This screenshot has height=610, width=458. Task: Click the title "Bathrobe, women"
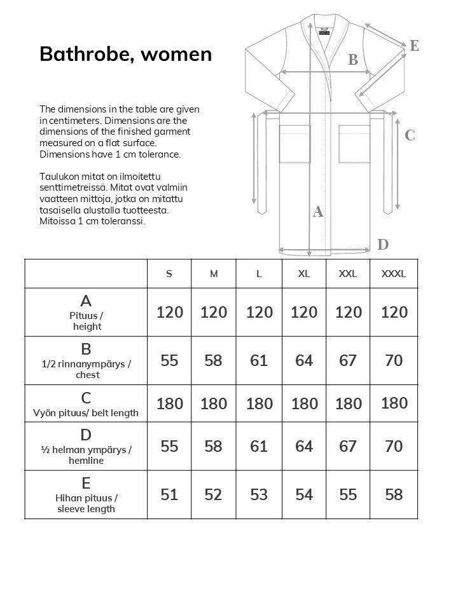point(125,54)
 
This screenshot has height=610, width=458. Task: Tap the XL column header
point(304,274)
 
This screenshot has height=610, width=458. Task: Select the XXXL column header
point(393,274)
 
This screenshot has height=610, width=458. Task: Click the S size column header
point(169,274)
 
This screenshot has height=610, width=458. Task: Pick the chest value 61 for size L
point(259,360)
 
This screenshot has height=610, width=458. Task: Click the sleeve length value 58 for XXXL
point(394,494)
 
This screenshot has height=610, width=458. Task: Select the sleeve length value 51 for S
point(169,494)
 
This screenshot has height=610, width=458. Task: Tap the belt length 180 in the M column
point(214,403)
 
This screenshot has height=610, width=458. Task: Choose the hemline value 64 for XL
point(304,446)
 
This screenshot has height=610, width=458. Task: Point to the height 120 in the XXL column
point(348,312)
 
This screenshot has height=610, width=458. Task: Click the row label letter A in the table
point(86,301)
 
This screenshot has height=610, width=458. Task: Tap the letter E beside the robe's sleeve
point(414,46)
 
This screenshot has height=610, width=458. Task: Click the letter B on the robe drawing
point(353,60)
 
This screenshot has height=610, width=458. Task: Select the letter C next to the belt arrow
point(410,135)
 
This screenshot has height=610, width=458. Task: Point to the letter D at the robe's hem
point(383,245)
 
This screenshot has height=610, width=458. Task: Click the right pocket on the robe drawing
point(354,145)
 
